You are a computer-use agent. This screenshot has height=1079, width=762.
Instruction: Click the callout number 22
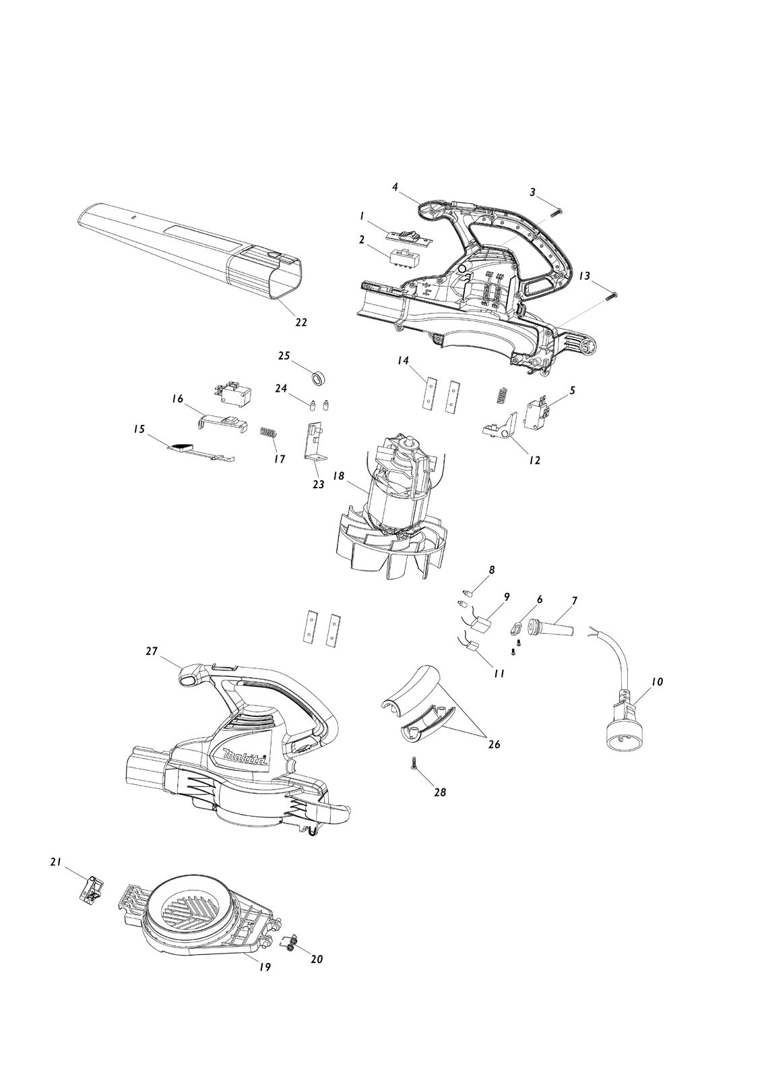300,322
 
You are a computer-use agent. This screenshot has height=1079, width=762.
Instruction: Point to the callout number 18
339,476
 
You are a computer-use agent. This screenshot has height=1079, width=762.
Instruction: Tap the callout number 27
152,651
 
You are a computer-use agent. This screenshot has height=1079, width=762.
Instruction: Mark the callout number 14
403,360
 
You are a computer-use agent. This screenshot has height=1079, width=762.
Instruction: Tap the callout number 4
395,187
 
